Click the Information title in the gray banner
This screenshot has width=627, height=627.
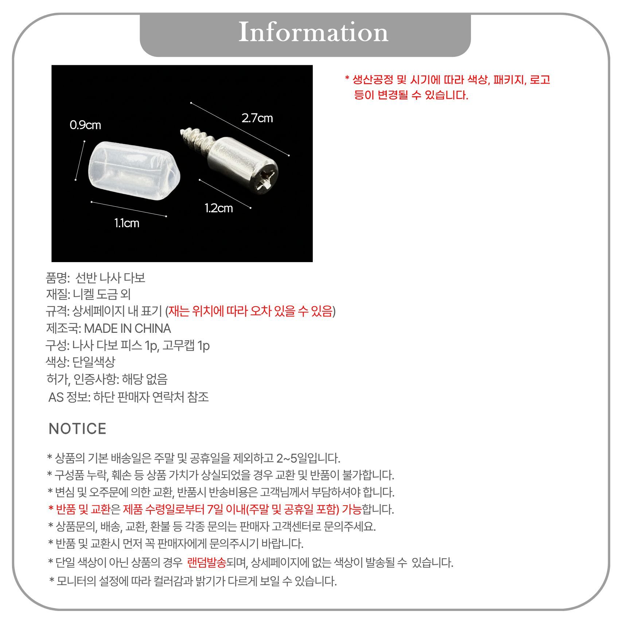click(313, 32)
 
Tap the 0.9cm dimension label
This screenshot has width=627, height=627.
click(85, 125)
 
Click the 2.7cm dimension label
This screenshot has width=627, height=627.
click(257, 118)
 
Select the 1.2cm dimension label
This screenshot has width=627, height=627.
click(219, 208)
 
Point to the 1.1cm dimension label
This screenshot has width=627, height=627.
click(127, 223)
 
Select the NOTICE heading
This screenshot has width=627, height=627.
click(77, 429)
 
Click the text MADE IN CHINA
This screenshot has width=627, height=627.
click(127, 328)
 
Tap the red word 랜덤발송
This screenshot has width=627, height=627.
click(207, 562)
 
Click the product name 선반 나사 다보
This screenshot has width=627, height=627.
click(110, 278)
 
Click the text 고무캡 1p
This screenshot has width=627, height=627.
click(186, 345)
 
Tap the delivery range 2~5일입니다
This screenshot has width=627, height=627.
click(308, 458)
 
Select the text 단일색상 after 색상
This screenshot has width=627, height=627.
click(94, 362)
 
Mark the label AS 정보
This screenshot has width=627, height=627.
click(69, 397)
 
